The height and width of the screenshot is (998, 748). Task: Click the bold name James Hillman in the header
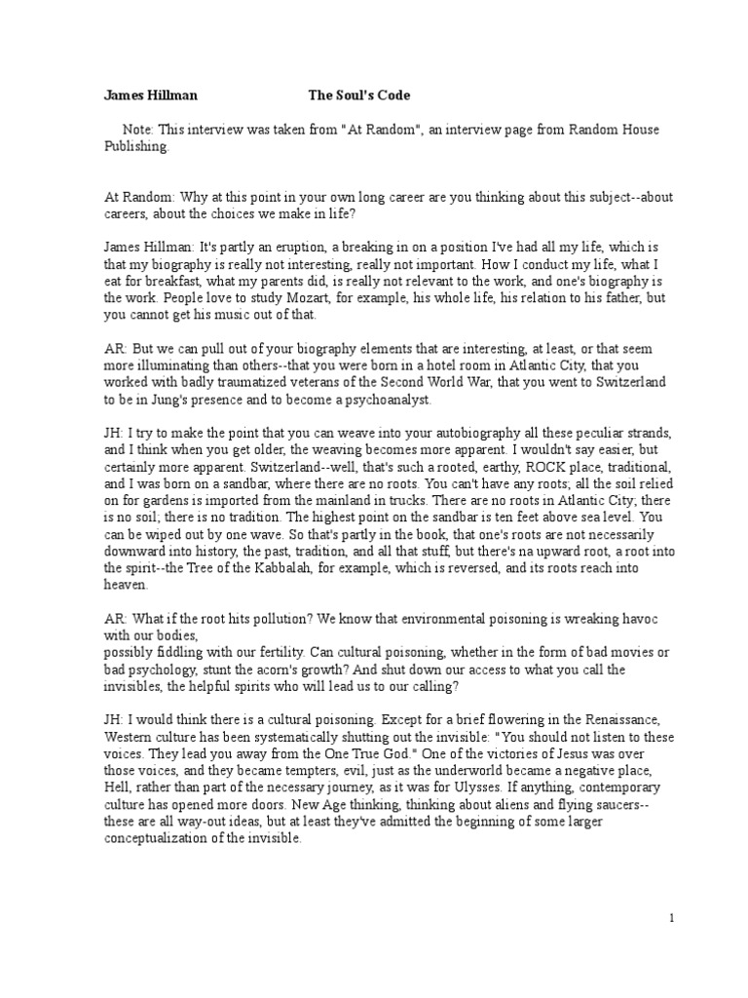151,96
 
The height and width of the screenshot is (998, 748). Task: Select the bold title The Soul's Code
359,96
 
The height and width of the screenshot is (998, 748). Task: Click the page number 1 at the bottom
671,918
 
